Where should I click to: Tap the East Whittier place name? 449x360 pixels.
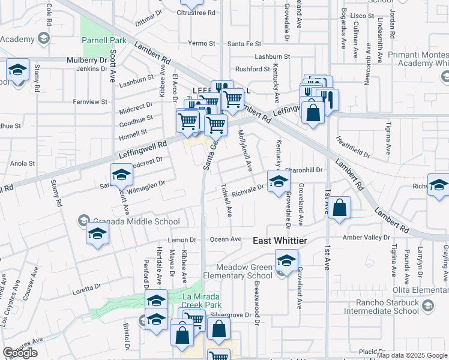pos(280,241)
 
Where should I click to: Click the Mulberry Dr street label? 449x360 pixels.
pos(86,60)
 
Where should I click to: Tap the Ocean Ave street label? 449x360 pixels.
pos(226,239)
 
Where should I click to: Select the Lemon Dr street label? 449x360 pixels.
pos(182,239)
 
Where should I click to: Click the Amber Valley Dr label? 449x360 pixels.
pos(366,238)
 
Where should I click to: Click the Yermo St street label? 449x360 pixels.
pos(201,44)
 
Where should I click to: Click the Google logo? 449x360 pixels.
pos(19,353)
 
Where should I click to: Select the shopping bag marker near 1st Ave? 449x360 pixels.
pos(340,208)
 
